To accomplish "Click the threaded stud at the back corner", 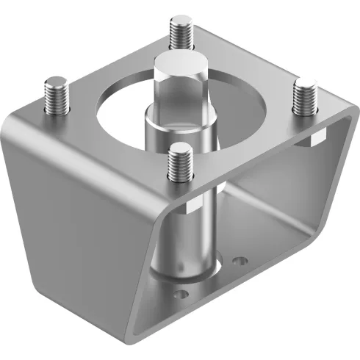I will [x=181, y=32].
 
